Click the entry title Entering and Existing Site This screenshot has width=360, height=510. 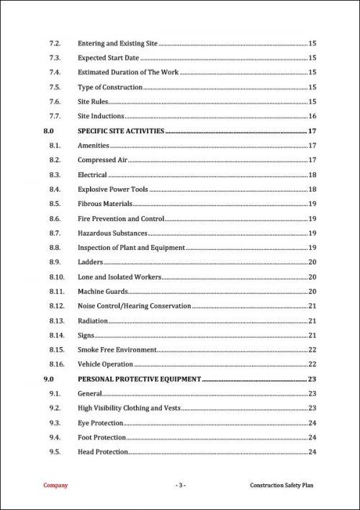pyautogui.click(x=117, y=43)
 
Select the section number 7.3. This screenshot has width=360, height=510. pyautogui.click(x=54, y=58)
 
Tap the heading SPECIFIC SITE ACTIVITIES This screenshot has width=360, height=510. pyautogui.click(x=121, y=131)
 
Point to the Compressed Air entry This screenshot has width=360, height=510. pyautogui.click(x=103, y=160)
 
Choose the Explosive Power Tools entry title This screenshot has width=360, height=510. pyautogui.click(x=112, y=189)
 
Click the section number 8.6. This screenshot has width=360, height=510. pyautogui.click(x=54, y=218)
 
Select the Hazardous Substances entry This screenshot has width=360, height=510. pyautogui.click(x=112, y=233)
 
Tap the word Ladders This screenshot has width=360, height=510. pyautogui.click(x=90, y=262)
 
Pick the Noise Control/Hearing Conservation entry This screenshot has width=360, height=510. pyautogui.click(x=134, y=306)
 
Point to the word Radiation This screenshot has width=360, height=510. pyautogui.click(x=93, y=321)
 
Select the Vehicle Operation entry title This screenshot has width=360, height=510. pyautogui.click(x=105, y=364)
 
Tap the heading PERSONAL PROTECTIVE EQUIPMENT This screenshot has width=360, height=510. pyautogui.click(x=139, y=379)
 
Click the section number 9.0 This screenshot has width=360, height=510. pyautogui.click(x=49, y=379)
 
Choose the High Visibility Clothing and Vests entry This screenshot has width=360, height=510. pyautogui.click(x=129, y=408)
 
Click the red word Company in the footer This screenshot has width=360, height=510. pyautogui.click(x=56, y=486)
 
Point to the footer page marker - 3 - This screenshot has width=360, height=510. pyautogui.click(x=180, y=486)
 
